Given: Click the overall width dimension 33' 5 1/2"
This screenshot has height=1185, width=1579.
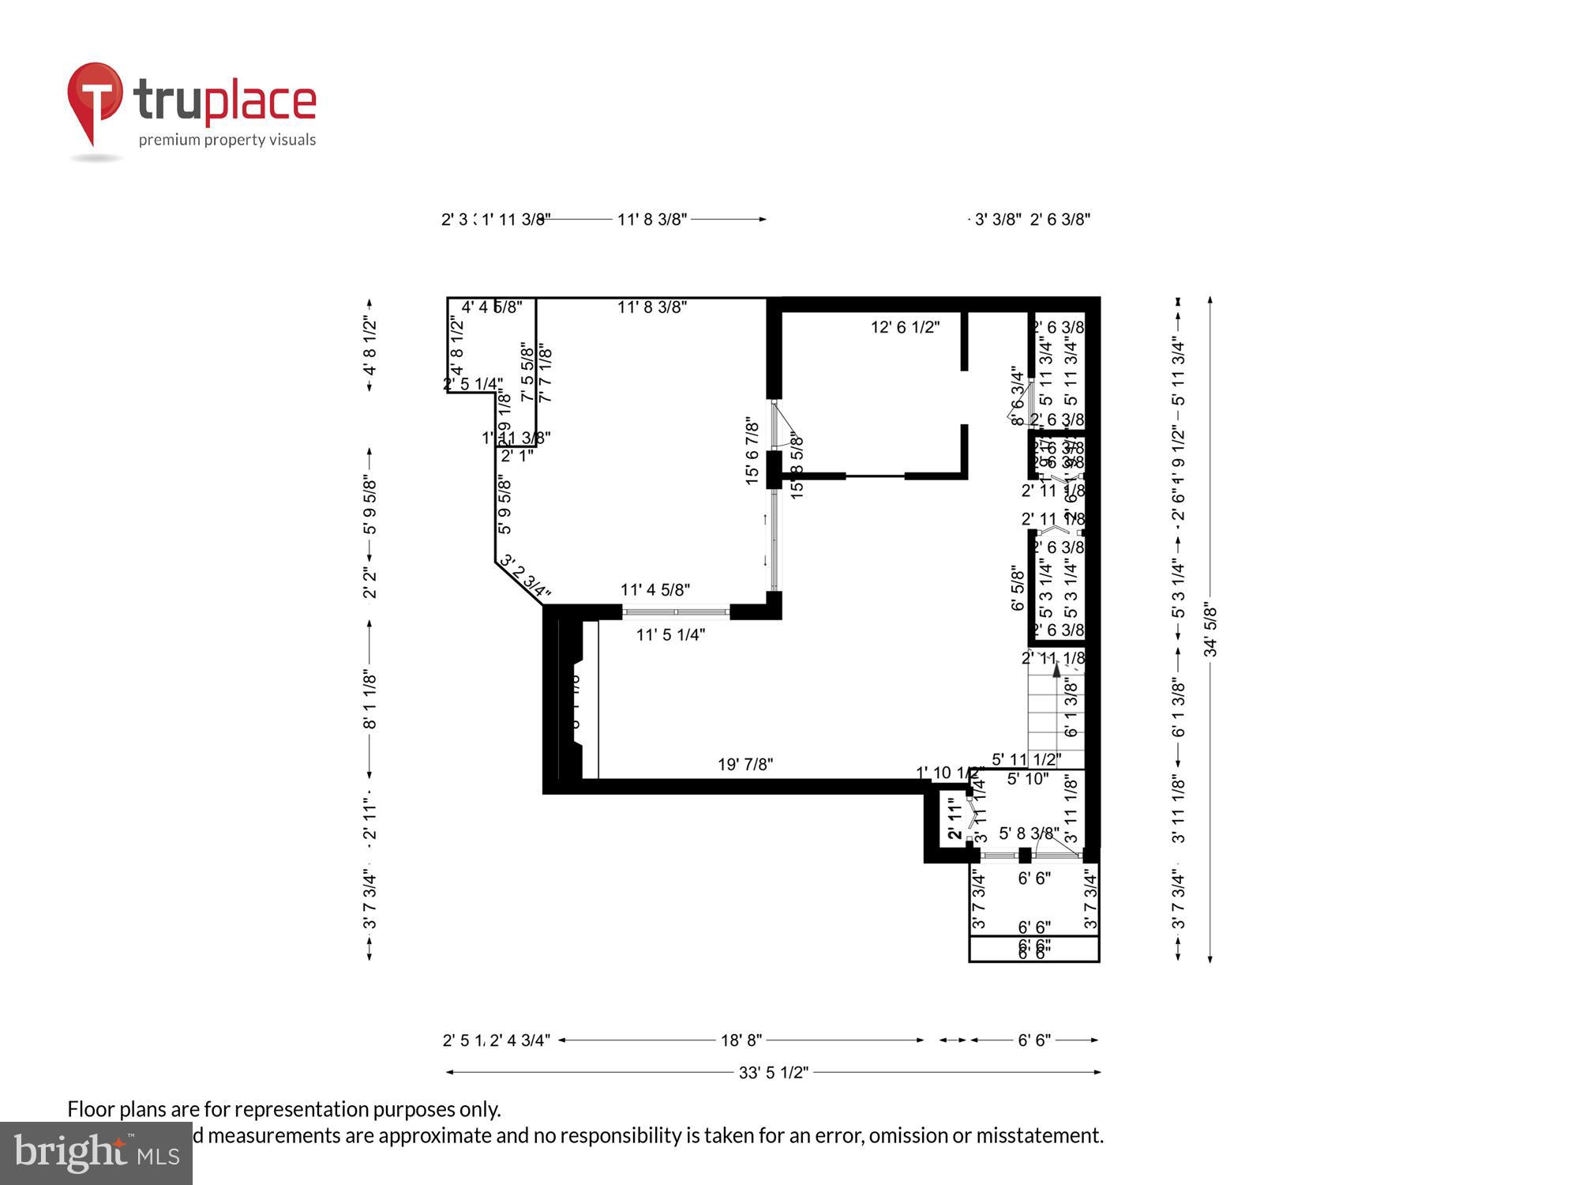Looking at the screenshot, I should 773,1072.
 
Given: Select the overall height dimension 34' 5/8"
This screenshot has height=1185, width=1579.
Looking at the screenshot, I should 1210,630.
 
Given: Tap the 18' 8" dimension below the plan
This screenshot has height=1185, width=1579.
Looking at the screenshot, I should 741,1040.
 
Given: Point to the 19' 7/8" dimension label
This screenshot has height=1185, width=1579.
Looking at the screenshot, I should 744,764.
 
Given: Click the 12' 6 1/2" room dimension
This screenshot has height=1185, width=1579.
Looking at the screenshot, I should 905,327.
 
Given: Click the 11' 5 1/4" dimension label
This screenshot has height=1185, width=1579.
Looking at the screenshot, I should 670,634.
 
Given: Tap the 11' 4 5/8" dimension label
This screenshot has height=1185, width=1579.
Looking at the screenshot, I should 654,589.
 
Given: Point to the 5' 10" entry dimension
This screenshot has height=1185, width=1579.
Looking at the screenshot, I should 1027,779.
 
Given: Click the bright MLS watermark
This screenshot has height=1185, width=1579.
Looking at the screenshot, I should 96,1153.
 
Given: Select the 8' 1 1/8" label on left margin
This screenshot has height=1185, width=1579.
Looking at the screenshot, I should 369,700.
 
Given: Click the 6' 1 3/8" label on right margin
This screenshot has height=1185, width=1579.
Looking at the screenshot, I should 1178,708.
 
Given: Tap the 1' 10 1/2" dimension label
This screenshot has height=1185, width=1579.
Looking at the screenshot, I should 948,772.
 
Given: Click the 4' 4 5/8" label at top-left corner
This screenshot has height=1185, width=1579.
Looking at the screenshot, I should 491,307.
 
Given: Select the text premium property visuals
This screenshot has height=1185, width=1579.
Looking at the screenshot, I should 227,141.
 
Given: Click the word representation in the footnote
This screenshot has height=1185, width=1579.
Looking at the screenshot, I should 301,1109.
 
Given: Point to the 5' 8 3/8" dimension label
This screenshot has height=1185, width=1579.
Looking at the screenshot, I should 1028,833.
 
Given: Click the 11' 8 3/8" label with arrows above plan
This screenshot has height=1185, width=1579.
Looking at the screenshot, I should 651,220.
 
